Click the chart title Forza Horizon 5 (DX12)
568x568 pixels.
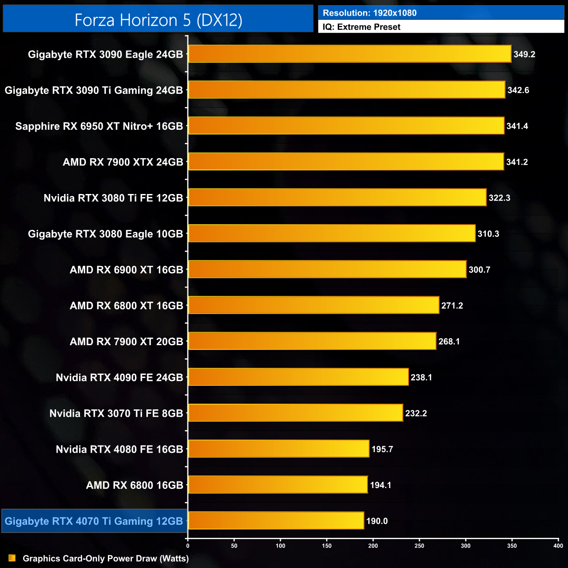(158, 20)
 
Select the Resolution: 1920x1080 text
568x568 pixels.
(369, 13)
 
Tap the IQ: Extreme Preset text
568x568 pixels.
(361, 27)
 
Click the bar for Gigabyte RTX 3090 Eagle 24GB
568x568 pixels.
(350, 54)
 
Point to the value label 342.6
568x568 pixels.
(518, 90)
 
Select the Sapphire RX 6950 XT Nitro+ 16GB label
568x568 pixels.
(99, 126)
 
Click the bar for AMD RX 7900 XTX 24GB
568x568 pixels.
(346, 162)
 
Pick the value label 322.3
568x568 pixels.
(499, 198)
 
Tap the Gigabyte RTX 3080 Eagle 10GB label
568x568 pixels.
(105, 234)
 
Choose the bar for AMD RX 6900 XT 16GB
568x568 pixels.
(327, 270)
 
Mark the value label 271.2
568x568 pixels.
(452, 306)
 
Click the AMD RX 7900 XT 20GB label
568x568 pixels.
(126, 342)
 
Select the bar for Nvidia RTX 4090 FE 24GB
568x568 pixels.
(298, 378)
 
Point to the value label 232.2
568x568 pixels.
(416, 413)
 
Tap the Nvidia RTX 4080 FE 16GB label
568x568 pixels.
(119, 449)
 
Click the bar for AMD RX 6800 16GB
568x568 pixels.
(277, 485)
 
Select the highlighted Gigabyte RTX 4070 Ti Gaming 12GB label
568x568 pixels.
(94, 521)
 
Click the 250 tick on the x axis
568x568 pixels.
(419, 546)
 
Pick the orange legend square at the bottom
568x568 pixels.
(12, 558)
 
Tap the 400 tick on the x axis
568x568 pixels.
(558, 546)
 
